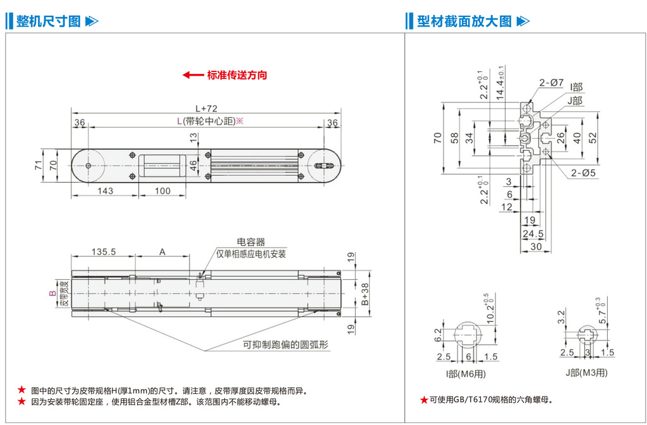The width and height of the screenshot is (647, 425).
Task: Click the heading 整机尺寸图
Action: tap(48, 21)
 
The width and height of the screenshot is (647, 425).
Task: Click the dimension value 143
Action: tap(105, 191)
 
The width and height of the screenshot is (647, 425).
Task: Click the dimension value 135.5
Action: tap(103, 251)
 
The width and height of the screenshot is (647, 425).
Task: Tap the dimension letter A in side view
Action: tap(162, 251)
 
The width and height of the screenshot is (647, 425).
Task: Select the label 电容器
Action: tap(251, 242)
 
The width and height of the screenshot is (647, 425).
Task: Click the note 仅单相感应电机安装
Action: tap(251, 254)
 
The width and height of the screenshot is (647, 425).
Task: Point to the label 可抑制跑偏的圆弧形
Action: tap(286, 345)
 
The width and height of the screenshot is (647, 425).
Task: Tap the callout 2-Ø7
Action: tap(551, 82)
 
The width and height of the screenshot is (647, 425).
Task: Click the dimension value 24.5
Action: tap(533, 234)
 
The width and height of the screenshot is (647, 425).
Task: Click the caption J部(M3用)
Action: tap(586, 372)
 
